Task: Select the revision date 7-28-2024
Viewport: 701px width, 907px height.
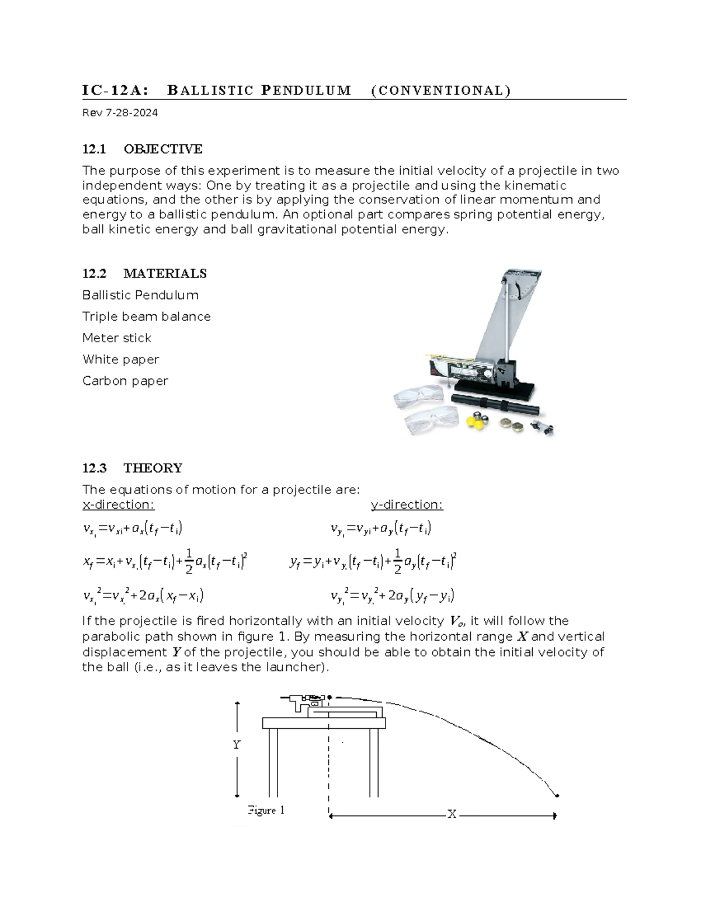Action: (x=131, y=113)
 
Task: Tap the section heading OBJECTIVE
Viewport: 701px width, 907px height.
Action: (x=163, y=149)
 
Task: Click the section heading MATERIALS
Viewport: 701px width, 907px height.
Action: (x=165, y=273)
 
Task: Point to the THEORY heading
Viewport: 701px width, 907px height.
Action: (x=153, y=468)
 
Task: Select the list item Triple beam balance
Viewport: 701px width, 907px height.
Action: (x=146, y=317)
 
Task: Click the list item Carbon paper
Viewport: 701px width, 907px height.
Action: (x=125, y=381)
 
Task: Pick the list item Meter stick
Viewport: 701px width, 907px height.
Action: (x=117, y=338)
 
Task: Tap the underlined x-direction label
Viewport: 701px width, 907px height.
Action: (x=119, y=505)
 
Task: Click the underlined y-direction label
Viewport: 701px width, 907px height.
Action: (x=407, y=505)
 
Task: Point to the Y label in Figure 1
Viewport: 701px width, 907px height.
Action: (x=237, y=745)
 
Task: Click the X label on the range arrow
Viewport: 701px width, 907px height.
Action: (x=452, y=814)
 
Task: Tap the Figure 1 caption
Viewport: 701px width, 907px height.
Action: (x=266, y=810)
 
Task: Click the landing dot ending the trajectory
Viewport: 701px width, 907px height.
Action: (x=557, y=795)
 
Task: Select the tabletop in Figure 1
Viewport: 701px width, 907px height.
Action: (x=324, y=723)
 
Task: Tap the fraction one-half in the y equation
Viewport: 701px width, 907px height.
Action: (x=398, y=561)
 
